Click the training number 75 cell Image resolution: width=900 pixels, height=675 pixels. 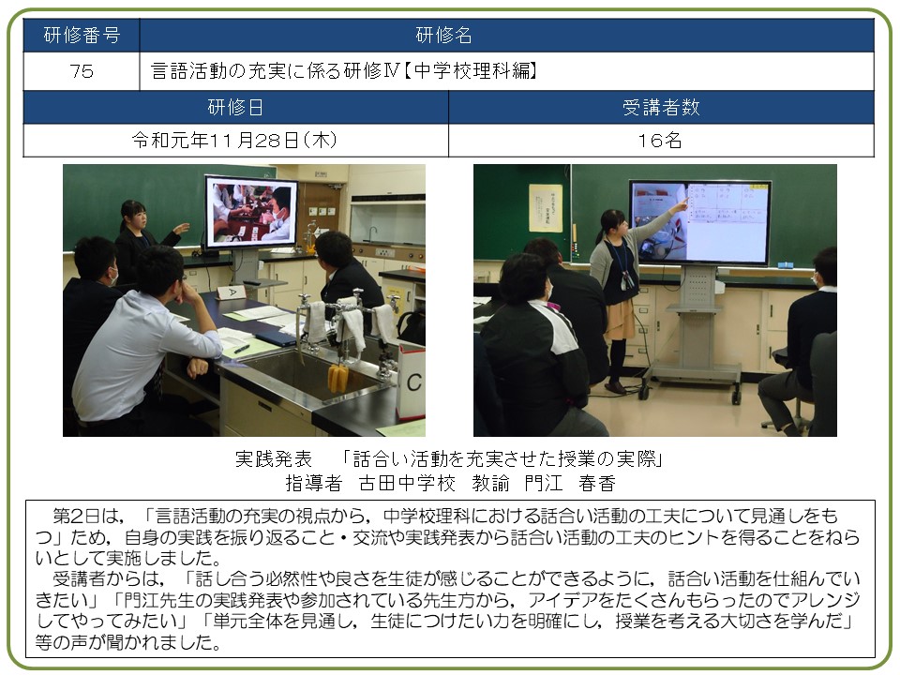click(82, 71)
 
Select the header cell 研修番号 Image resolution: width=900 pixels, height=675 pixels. click(82, 35)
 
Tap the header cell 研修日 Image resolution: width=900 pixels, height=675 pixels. click(235, 107)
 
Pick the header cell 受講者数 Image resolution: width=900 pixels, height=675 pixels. click(661, 107)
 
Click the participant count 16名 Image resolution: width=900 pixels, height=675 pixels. click(660, 141)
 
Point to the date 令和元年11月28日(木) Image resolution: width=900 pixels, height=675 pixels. click(234, 141)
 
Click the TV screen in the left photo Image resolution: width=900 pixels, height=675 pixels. click(251, 211)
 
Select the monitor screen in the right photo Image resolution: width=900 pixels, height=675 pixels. click(700, 222)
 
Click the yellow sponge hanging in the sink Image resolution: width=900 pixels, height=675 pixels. click(337, 378)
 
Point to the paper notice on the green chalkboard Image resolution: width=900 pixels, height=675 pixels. click(546, 208)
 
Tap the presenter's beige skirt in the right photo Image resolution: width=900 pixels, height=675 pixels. click(620, 319)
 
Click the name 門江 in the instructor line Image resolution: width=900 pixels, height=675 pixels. click(543, 484)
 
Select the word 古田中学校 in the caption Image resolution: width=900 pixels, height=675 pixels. click(407, 484)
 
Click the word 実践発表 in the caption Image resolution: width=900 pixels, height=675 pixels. click(274, 458)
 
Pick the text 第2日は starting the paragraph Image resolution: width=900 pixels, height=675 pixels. click(86, 516)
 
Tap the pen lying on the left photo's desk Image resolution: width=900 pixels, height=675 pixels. click(242, 349)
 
